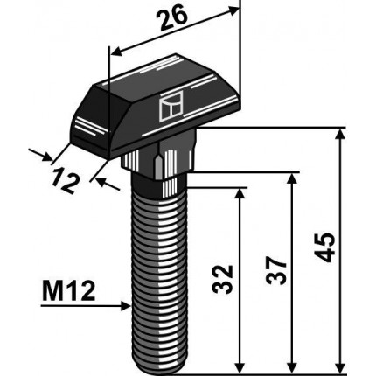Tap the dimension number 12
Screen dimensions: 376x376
point(66,182)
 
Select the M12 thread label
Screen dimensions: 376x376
point(69,292)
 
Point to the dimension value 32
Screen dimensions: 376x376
point(223,279)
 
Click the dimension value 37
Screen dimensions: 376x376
point(276,271)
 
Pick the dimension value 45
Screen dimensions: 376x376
point(326,247)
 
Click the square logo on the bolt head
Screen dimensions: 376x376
point(171,106)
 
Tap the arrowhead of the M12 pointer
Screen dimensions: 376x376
point(125,306)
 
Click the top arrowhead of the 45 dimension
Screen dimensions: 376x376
point(340,136)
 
